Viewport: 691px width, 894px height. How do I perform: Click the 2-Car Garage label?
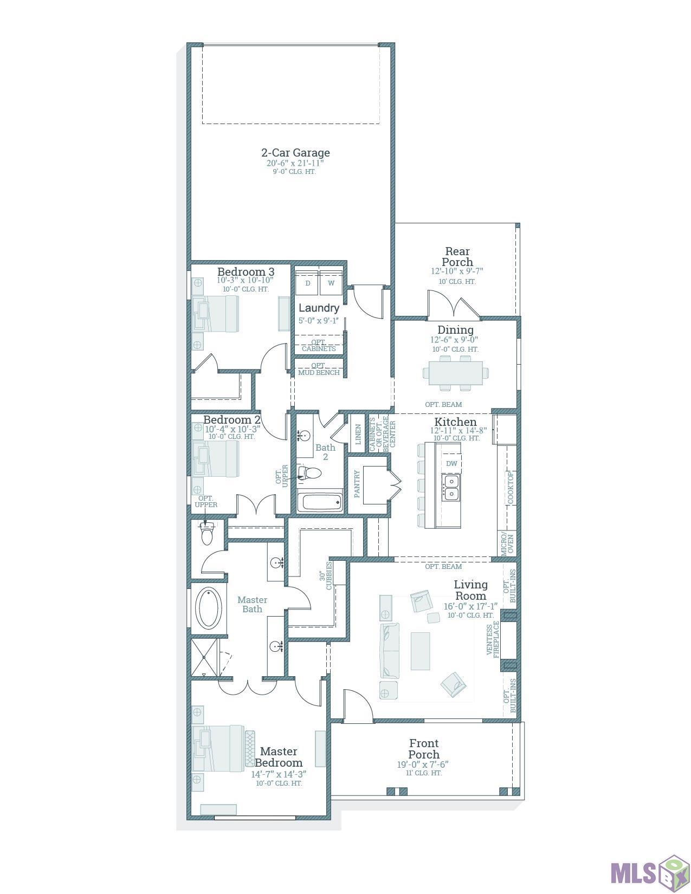click(295, 153)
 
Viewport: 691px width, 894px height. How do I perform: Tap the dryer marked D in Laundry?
click(307, 283)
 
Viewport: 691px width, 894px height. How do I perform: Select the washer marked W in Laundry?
click(331, 283)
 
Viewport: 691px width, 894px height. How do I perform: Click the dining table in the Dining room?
click(456, 373)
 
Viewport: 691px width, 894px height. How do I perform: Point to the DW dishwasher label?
click(451, 463)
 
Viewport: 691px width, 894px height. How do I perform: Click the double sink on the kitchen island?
click(451, 487)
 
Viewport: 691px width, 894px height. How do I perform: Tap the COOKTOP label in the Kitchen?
click(511, 488)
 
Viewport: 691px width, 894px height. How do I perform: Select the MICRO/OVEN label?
click(507, 545)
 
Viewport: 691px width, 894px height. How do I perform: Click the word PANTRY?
click(357, 484)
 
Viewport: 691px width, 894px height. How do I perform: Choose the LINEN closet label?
click(358, 435)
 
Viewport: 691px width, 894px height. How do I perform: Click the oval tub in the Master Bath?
click(209, 608)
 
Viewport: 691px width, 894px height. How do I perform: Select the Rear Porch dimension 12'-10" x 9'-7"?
click(457, 271)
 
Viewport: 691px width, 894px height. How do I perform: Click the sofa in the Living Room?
click(390, 651)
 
